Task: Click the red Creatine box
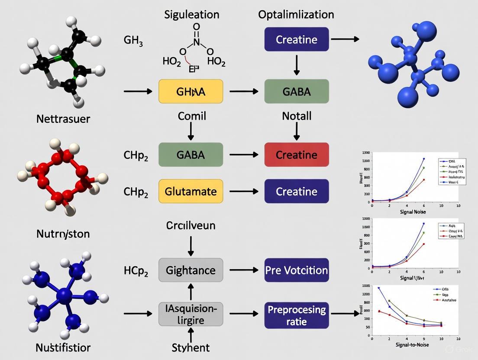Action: click(x=297, y=155)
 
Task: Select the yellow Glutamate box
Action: click(x=191, y=191)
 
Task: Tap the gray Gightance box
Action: click(x=191, y=270)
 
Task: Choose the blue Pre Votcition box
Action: click(x=297, y=270)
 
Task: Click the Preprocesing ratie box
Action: click(x=297, y=315)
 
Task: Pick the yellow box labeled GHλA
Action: click(x=191, y=91)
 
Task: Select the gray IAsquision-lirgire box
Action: click(x=191, y=314)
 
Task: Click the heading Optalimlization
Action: click(x=296, y=14)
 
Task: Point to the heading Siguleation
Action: click(x=192, y=14)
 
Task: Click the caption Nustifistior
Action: click(x=64, y=347)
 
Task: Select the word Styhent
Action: click(x=191, y=347)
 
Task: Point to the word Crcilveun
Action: click(x=191, y=225)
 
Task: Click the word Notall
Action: click(x=297, y=116)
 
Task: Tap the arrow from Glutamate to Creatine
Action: click(x=243, y=191)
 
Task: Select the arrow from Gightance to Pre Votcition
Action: click(x=243, y=270)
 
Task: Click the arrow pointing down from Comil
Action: click(x=191, y=131)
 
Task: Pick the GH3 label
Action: click(x=133, y=42)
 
